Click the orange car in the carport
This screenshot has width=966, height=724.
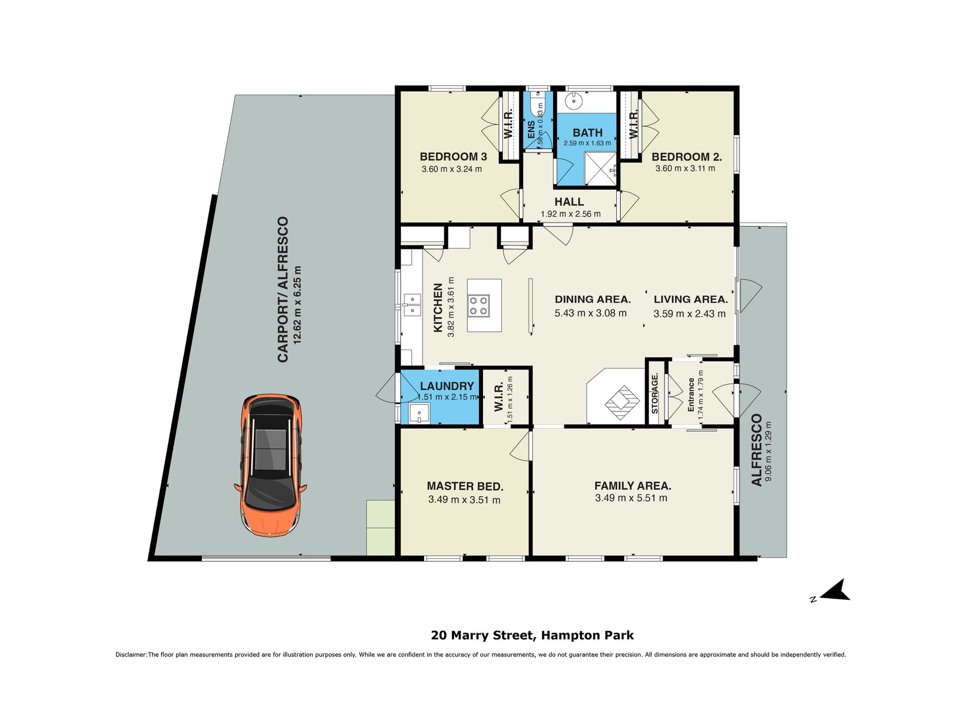(270, 465)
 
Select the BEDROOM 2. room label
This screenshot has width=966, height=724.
(686, 157)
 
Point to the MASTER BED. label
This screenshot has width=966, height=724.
(465, 486)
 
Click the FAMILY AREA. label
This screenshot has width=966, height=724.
(632, 486)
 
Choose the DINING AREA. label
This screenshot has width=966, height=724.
(592, 299)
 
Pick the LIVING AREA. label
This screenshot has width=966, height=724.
(690, 299)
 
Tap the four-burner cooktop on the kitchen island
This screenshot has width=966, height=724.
(479, 305)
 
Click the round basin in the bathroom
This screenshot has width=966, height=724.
(575, 102)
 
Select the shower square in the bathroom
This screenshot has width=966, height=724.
(600, 169)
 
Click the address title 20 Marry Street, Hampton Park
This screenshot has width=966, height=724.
(532, 635)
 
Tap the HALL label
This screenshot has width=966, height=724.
(569, 202)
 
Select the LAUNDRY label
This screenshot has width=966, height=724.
(447, 386)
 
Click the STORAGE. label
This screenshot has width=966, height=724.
(655, 393)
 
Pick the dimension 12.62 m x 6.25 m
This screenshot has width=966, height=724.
(297, 305)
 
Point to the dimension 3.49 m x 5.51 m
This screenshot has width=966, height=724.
(631, 498)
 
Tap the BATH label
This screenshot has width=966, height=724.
(587, 133)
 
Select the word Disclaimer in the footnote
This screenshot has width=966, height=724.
(131, 655)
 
